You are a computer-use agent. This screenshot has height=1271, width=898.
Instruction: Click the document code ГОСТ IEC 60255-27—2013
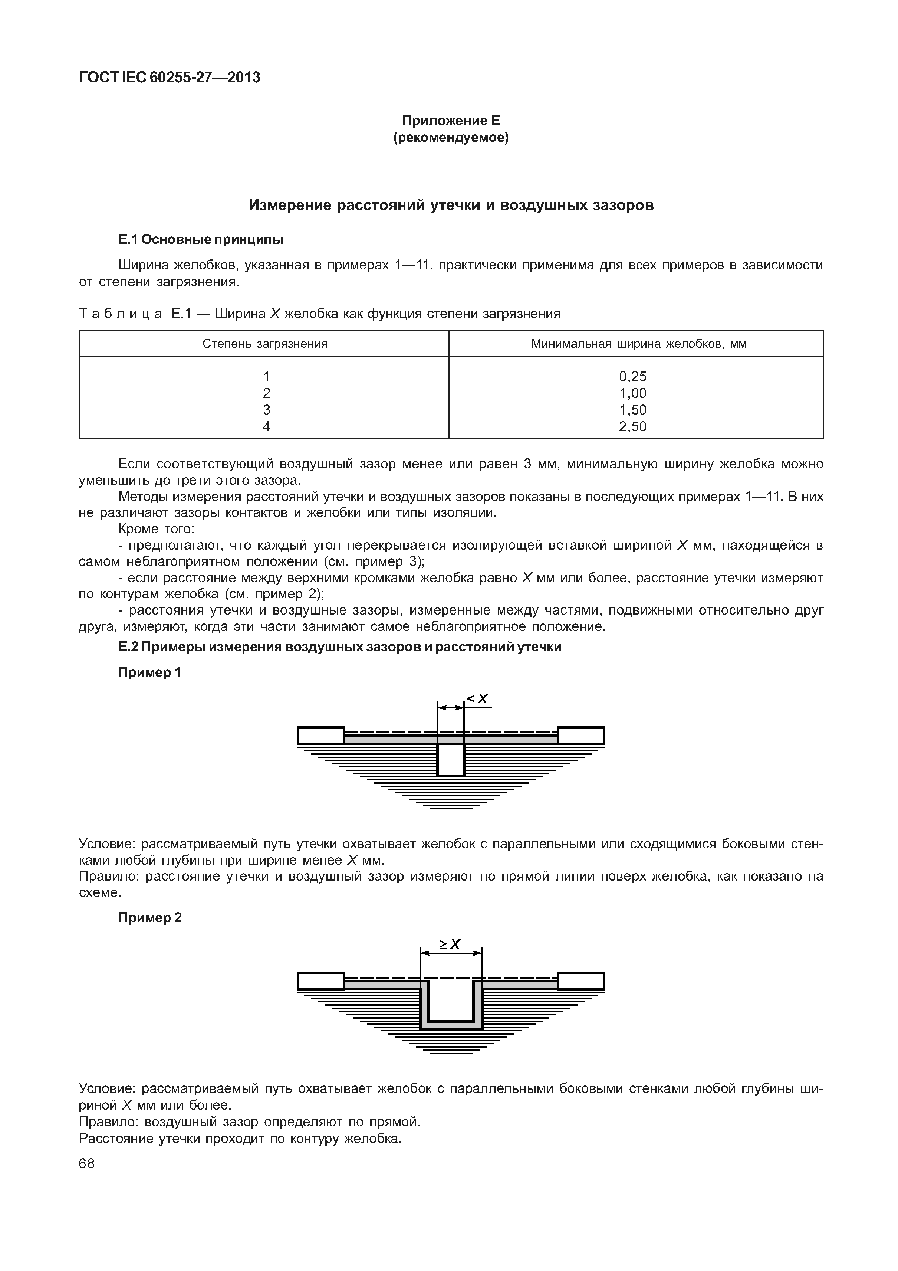click(169, 78)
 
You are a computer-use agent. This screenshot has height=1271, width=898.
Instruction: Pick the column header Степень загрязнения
click(265, 344)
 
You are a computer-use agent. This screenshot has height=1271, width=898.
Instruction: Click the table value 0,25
click(632, 376)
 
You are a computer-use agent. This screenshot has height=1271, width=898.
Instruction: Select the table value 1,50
click(632, 410)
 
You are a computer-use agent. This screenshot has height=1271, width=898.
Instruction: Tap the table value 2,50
click(632, 426)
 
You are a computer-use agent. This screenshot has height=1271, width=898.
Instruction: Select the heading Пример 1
click(150, 672)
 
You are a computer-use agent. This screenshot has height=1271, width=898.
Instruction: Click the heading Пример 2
click(150, 917)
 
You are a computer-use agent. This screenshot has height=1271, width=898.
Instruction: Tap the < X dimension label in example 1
click(478, 699)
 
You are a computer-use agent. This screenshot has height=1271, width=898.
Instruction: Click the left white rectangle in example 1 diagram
click(321, 736)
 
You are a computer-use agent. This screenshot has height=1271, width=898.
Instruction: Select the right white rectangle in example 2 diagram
click(581, 981)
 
